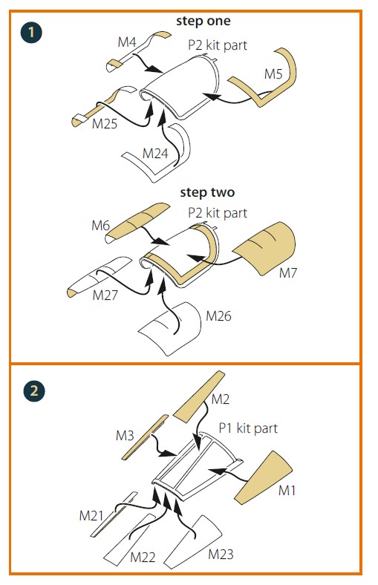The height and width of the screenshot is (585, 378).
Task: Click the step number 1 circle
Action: tap(31, 33)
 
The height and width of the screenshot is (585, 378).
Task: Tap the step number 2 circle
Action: tap(34, 391)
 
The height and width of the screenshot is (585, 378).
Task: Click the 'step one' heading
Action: tap(203, 21)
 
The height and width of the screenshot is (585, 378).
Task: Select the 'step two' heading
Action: tap(207, 192)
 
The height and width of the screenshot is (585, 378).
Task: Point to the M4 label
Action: tap(126, 42)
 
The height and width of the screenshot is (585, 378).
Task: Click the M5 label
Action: tap(273, 74)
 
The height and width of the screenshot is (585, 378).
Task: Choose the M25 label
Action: tap(105, 124)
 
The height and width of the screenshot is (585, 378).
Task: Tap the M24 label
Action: tap(155, 154)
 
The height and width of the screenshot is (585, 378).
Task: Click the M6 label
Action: tap(100, 226)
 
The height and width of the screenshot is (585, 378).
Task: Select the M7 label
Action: tap(287, 273)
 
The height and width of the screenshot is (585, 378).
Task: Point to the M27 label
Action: tap(105, 295)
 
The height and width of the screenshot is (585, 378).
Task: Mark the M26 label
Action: tap(218, 316)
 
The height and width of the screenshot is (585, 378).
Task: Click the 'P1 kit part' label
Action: tap(248, 428)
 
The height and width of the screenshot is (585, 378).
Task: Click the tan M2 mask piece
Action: tap(200, 396)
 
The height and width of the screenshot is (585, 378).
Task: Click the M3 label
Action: tap(125, 435)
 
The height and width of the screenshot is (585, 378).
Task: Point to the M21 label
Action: tap(91, 516)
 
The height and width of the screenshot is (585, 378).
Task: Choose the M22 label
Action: tap(143, 558)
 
